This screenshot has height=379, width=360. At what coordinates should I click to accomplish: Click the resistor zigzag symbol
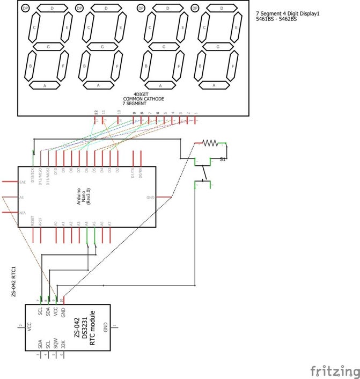pos(211,143)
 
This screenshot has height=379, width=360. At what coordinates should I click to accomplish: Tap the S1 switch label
pos(222,159)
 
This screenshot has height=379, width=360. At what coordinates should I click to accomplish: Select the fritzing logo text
pos(334,370)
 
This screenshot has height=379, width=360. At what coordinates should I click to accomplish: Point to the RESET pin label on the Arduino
pos(33,221)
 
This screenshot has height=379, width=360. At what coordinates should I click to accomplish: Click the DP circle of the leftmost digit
pos(26,8)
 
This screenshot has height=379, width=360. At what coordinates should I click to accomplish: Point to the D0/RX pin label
pos(140,173)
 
